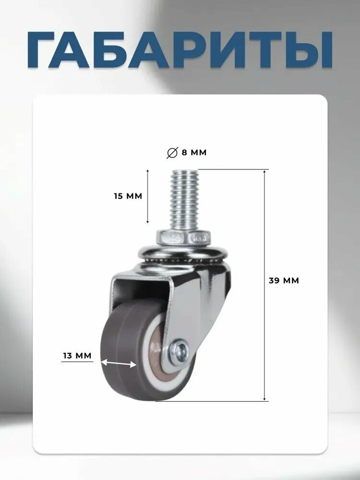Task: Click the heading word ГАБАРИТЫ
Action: click(180, 49)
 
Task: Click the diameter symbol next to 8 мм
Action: click(172, 153)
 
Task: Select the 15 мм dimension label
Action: click(128, 196)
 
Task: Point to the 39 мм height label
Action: click(284, 280)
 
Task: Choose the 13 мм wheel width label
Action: click(77, 356)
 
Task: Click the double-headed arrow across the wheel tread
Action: click(119, 363)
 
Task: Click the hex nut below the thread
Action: click(184, 238)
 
